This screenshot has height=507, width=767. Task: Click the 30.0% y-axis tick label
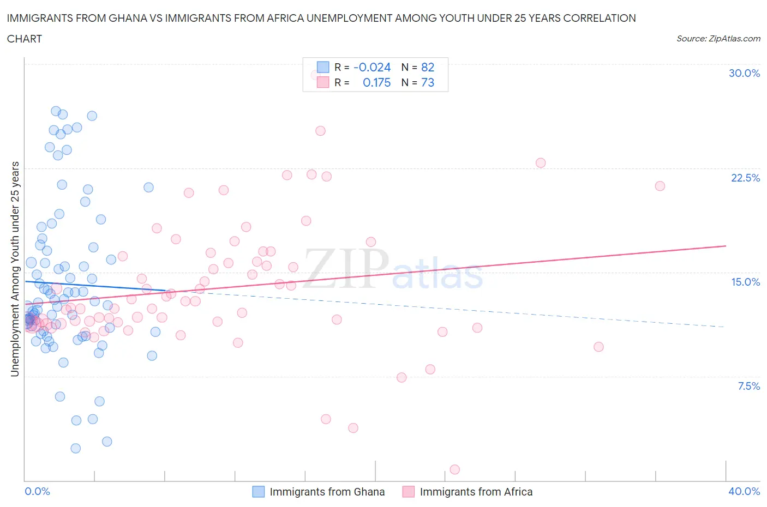pos(744,73)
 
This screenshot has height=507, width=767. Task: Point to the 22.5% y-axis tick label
pos(745,178)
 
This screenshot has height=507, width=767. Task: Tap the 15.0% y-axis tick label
pos(745,282)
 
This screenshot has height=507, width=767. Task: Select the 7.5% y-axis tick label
pos(748,386)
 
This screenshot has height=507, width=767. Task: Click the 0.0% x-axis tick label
pos(37,491)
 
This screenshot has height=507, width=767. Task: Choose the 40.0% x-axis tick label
pos(744,491)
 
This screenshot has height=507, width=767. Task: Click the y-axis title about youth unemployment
pos(15,269)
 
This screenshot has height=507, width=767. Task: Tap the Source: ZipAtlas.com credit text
pos(718,38)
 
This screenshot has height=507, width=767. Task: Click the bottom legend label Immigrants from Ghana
pos(327,492)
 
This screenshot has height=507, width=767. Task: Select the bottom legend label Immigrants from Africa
pos(476,492)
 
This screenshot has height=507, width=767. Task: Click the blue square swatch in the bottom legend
pos(258,492)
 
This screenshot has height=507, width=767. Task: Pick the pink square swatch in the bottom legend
pos(408,492)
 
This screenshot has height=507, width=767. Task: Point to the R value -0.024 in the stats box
pos(372,67)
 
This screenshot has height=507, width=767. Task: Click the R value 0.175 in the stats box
pos(376,82)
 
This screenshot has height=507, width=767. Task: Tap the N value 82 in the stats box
pos(428,67)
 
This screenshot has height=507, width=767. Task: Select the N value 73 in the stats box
pos(428,82)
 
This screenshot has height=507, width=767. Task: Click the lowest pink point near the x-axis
pos(454,469)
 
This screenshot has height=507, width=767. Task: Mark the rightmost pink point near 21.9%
pos(660,186)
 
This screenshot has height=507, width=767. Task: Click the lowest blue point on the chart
pos(76,448)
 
